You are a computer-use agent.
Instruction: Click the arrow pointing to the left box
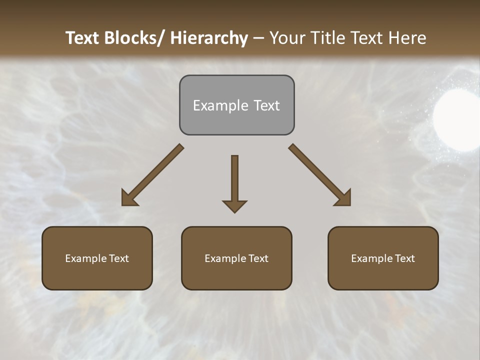tap(152, 175)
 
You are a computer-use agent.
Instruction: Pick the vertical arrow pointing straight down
tap(234, 182)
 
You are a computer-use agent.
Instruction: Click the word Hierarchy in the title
tap(209, 38)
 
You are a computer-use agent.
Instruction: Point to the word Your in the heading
tap(287, 38)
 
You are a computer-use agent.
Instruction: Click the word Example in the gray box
tap(220, 105)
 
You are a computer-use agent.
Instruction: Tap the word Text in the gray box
tap(266, 105)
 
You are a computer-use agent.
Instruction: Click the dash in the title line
tap(258, 38)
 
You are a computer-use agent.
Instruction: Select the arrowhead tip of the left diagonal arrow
tap(123, 204)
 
